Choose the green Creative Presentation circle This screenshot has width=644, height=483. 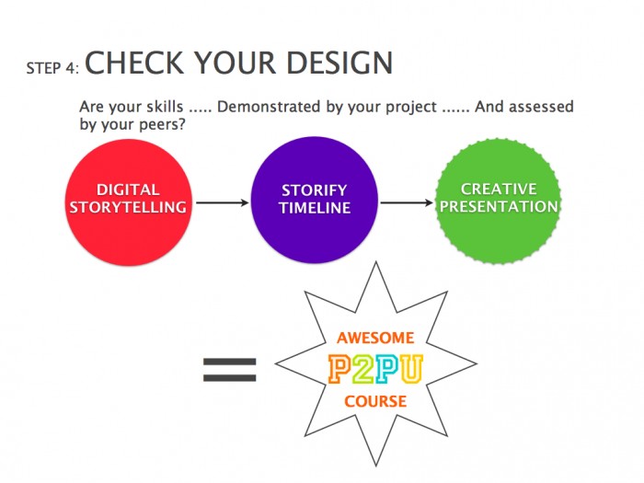pyautogui.click(x=498, y=199)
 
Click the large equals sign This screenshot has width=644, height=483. pyautogui.click(x=229, y=370)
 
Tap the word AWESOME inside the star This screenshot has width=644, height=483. pyautogui.click(x=375, y=338)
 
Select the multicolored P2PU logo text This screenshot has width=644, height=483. pyautogui.click(x=374, y=370)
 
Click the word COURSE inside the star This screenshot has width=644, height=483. pyautogui.click(x=375, y=402)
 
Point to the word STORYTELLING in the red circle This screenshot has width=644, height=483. pyautogui.click(x=128, y=208)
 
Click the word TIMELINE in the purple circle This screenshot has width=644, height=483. pyautogui.click(x=316, y=209)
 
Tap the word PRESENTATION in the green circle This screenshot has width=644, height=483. pyautogui.click(x=498, y=207)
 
